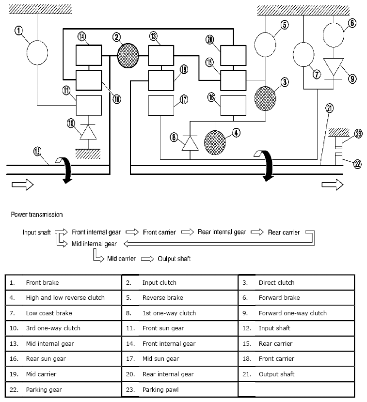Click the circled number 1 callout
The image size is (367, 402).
click(18, 31)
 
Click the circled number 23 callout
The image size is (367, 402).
click(358, 134)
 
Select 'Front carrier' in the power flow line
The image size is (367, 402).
click(159, 232)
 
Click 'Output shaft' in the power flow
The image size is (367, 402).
click(174, 259)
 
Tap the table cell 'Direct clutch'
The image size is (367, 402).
click(276, 282)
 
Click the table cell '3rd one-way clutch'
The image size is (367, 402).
click(53, 328)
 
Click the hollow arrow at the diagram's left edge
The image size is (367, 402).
click(21, 184)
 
